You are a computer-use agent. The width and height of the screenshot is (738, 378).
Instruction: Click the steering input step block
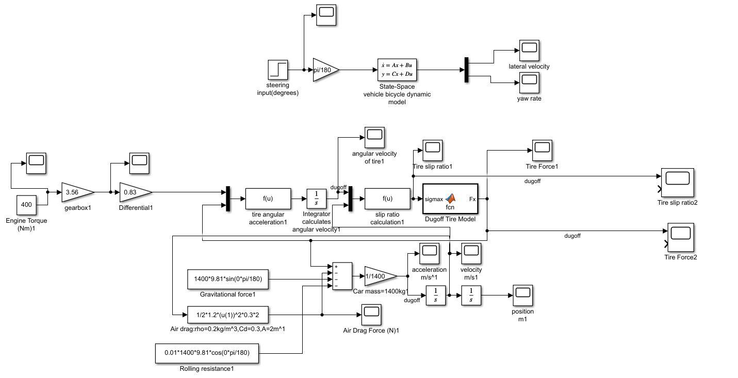click(278, 70)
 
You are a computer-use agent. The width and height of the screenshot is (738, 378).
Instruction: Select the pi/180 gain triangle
click(325, 70)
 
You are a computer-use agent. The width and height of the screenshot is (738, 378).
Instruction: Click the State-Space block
click(397, 70)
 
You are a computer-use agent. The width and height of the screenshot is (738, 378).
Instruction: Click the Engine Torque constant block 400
click(26, 205)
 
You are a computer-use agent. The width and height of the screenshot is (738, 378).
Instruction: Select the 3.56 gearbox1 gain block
click(76, 192)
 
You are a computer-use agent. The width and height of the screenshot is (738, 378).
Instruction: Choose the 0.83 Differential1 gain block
click(134, 192)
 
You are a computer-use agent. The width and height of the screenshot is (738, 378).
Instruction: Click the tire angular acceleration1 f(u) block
click(268, 199)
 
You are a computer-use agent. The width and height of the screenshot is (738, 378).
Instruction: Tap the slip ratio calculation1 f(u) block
click(387, 199)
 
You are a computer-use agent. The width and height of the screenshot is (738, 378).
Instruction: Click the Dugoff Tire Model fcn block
click(450, 199)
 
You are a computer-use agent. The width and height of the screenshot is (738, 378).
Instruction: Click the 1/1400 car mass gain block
click(379, 276)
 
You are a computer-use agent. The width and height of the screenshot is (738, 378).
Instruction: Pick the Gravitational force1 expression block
click(228, 279)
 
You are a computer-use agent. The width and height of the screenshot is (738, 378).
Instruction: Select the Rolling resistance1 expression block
click(207, 353)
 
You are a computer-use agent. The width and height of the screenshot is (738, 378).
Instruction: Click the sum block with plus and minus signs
click(342, 276)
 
